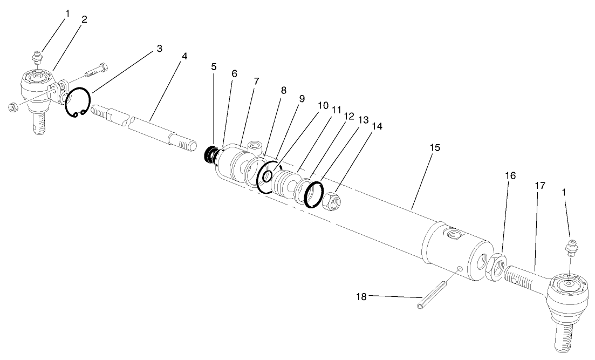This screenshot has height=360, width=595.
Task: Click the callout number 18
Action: [x=363, y=296]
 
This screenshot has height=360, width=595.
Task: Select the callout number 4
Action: [x=185, y=56]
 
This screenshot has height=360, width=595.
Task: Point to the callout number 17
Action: [x=540, y=185]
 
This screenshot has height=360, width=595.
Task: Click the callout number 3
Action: [x=159, y=49]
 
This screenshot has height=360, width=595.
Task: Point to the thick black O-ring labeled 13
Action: [x=313, y=194]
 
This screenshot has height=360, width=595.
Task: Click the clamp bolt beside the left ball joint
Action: [x=98, y=70]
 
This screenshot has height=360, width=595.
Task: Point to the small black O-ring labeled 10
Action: [x=266, y=176]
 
